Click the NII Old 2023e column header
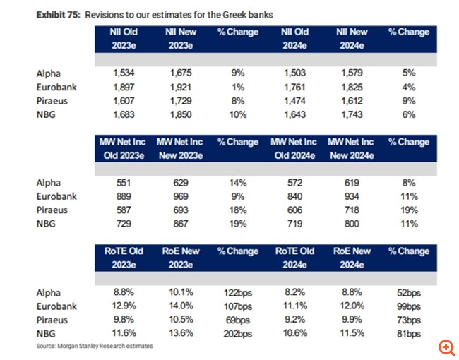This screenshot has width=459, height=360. pos(122,39)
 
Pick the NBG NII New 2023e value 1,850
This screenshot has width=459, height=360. pos(182,114)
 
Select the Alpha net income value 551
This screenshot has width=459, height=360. pos(125,182)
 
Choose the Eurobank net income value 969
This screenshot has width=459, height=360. pos(182,196)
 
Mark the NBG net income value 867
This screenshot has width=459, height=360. pos(182,224)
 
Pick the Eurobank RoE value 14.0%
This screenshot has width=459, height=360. pos(182,306)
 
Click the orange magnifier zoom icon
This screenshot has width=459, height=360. pos(446,346)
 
